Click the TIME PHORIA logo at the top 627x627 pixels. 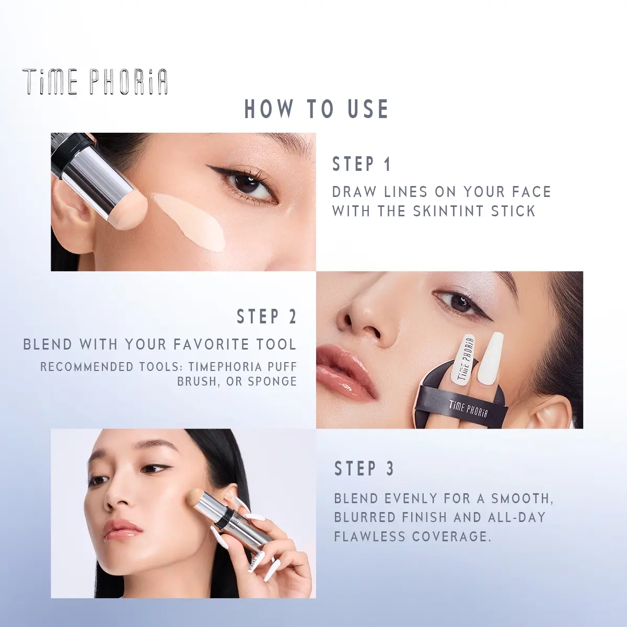(x=95, y=82)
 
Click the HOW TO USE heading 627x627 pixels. (x=317, y=109)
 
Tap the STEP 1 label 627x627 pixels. (x=361, y=164)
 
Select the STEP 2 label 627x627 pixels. (x=266, y=317)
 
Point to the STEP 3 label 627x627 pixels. (x=364, y=469)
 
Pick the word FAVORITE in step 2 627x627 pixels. (x=207, y=344)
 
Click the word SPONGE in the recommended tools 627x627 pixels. (x=272, y=381)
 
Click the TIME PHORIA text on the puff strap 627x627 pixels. (x=468, y=409)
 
